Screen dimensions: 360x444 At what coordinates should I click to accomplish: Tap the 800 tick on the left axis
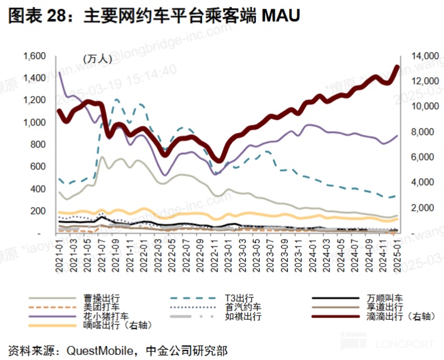tap(39, 144)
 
